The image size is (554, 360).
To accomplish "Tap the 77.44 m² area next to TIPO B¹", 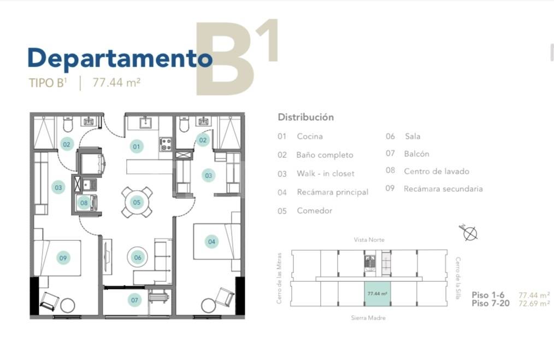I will point(116,83).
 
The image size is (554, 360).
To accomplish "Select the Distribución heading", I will point(305,117).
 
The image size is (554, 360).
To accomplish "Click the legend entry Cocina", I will point(310,137).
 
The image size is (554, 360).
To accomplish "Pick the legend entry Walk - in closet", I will point(325,174).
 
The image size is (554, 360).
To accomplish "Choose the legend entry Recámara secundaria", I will point(443,189).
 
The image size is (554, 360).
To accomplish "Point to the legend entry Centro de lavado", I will point(436,171).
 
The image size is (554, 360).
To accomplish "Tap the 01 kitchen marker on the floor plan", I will point(137,146).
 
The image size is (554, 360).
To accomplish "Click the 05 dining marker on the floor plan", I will point(137,202).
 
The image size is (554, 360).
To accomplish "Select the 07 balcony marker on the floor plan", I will point(135,299).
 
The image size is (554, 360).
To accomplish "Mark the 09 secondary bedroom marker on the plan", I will point(63,258).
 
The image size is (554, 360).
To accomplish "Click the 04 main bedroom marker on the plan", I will point(211,241).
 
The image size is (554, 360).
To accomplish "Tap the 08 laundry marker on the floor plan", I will point(84,203).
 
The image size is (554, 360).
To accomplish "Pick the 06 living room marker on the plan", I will point(137,257).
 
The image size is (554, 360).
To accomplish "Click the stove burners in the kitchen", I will point(165,144).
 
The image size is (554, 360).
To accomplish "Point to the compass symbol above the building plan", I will point(469,233).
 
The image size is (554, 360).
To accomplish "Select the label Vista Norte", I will point(369,240).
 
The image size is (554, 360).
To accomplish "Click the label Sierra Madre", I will point(368,317).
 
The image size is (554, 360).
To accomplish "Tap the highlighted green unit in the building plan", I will point(377,294).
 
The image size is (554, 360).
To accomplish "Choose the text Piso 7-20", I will point(490,303).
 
